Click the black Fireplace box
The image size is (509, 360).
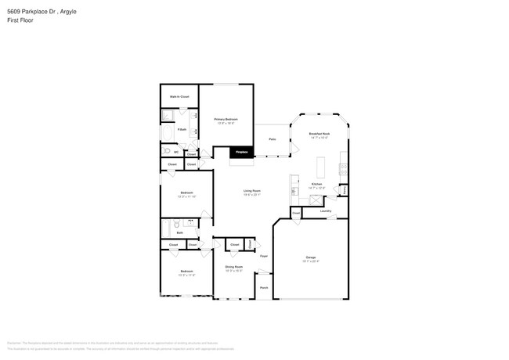click(242, 151)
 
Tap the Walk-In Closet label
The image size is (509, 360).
click(179, 96)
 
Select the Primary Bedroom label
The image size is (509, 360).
click(226, 119)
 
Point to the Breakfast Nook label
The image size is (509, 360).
click(319, 134)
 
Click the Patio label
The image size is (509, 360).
click(272, 139)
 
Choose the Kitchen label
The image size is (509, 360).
click(316, 185)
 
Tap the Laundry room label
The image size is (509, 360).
click(326, 211)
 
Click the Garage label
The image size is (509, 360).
click(311, 257)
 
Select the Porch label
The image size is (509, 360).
click(264, 287)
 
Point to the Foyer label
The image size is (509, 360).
click(265, 256)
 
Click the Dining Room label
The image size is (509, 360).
click(234, 267)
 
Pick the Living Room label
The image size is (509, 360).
click(251, 190)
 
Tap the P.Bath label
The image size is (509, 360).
click(181, 130)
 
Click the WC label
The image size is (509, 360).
click(176, 152)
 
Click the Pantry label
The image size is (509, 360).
click(344, 189)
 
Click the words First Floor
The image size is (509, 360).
click(19, 21)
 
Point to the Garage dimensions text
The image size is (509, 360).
click(311, 261)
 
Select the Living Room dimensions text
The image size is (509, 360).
click(251, 195)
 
